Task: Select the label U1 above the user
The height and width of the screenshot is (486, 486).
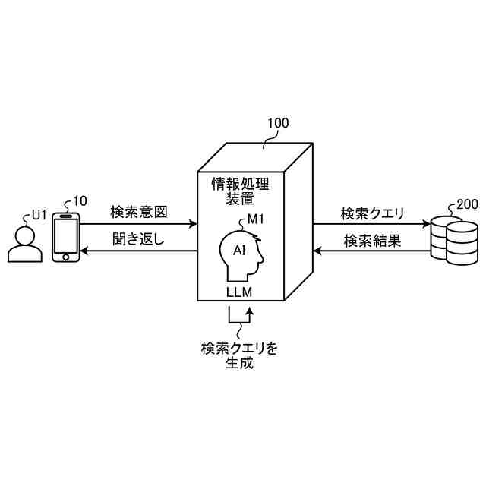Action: click(x=39, y=215)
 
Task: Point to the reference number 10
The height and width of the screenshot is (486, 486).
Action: click(x=79, y=202)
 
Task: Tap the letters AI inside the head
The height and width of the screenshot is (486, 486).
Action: click(x=239, y=250)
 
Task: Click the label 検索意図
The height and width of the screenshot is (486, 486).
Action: click(x=138, y=211)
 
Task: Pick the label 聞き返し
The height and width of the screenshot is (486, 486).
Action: click(x=138, y=241)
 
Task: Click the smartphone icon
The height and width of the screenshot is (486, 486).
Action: click(x=66, y=238)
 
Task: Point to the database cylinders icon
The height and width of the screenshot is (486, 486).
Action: click(x=454, y=241)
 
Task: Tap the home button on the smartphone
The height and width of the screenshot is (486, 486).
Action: click(x=66, y=257)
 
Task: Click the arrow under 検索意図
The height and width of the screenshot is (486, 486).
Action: click(x=138, y=224)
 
